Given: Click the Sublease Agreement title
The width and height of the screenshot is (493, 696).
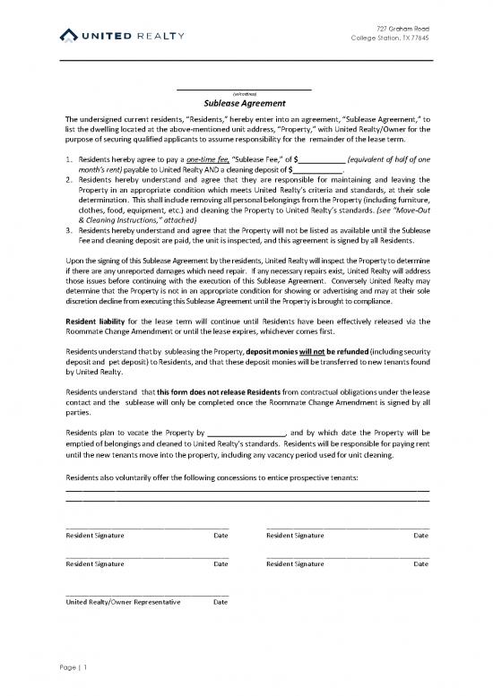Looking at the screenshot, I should point(245,104).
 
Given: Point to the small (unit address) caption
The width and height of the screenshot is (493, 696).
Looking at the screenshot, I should point(245,93).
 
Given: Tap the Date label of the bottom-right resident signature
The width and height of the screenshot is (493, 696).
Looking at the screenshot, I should point(419,564).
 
